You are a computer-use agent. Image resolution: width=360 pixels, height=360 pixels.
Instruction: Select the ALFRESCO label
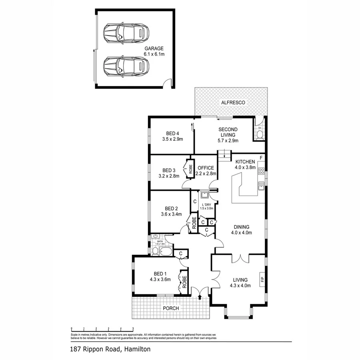[x=233, y=103]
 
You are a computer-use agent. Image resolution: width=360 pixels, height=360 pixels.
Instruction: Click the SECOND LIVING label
[x=228, y=130]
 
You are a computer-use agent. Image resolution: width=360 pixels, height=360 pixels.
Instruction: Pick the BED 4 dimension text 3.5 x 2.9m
[x=172, y=139]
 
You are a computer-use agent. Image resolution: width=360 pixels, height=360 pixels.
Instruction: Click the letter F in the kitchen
[x=261, y=157]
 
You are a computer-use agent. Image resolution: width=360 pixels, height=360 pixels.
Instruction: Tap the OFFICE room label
[x=206, y=168]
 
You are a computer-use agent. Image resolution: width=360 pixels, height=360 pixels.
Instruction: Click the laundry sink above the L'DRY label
[x=205, y=195]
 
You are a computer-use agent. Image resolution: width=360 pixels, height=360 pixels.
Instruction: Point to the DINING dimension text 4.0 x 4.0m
[x=241, y=232]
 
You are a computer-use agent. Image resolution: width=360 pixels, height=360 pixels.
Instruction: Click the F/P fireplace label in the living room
[x=262, y=279]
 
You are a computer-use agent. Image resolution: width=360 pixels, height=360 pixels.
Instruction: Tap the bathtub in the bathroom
[x=166, y=252]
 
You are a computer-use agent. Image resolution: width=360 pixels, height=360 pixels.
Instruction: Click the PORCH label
[x=170, y=308]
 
